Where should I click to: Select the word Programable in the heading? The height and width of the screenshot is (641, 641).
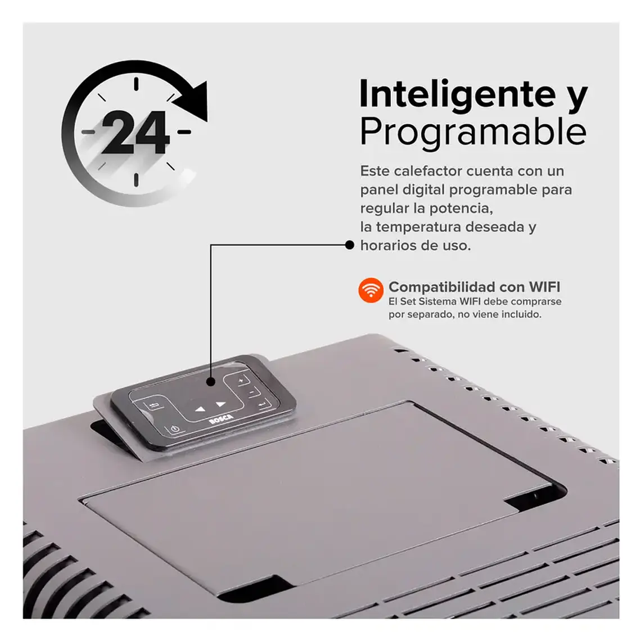click(473, 132)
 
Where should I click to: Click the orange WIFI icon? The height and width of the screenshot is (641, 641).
click(371, 291)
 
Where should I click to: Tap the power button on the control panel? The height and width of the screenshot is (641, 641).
click(175, 430)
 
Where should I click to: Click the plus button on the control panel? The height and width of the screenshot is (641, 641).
click(241, 381)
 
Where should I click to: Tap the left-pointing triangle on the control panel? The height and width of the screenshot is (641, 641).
click(200, 409)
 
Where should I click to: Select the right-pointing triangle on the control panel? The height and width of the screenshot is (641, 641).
click(220, 404)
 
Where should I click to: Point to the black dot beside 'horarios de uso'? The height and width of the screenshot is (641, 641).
click(349, 245)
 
